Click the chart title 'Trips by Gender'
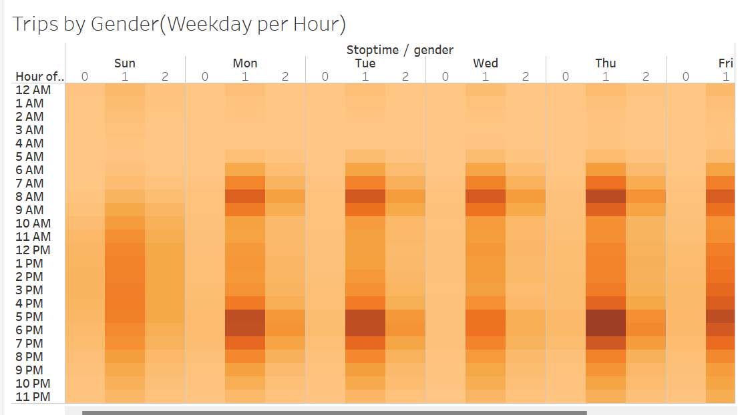pyautogui.click(x=86, y=24)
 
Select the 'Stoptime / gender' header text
pyautogui.click(x=400, y=50)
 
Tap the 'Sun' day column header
pyautogui.click(x=125, y=63)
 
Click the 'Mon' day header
pyautogui.click(x=245, y=63)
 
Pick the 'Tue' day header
pyautogui.click(x=365, y=63)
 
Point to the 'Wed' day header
pyautogui.click(x=486, y=63)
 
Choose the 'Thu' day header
pyautogui.click(x=606, y=63)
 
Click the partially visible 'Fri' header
pyautogui.click(x=726, y=63)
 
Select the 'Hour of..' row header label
pyautogui.click(x=39, y=77)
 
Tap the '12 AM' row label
pyautogui.click(x=33, y=90)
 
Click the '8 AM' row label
pyautogui.click(x=29, y=197)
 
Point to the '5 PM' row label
pyautogui.click(x=29, y=317)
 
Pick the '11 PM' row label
pyautogui.click(x=33, y=397)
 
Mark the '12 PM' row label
pyautogui.click(x=33, y=250)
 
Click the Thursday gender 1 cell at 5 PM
pyautogui.click(x=606, y=316)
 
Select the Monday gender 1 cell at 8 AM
pyautogui.click(x=245, y=197)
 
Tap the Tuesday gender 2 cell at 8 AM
pyautogui.click(x=405, y=197)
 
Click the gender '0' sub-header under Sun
pyautogui.click(x=84, y=77)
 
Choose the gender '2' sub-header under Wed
pyautogui.click(x=525, y=77)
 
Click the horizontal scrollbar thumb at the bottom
pyautogui.click(x=335, y=412)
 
